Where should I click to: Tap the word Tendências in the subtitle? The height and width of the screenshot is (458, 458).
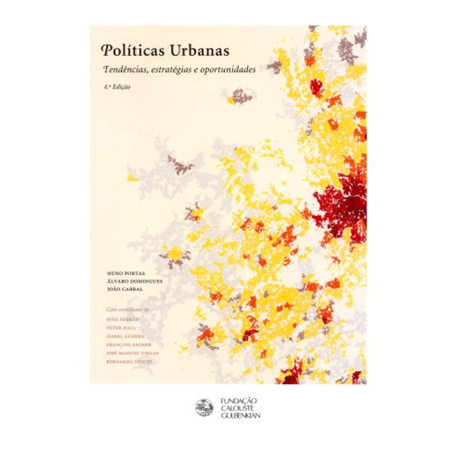pos(124,69)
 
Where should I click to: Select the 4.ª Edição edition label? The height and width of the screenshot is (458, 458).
pos(117,88)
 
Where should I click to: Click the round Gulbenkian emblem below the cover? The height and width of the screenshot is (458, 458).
pos(204,407)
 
